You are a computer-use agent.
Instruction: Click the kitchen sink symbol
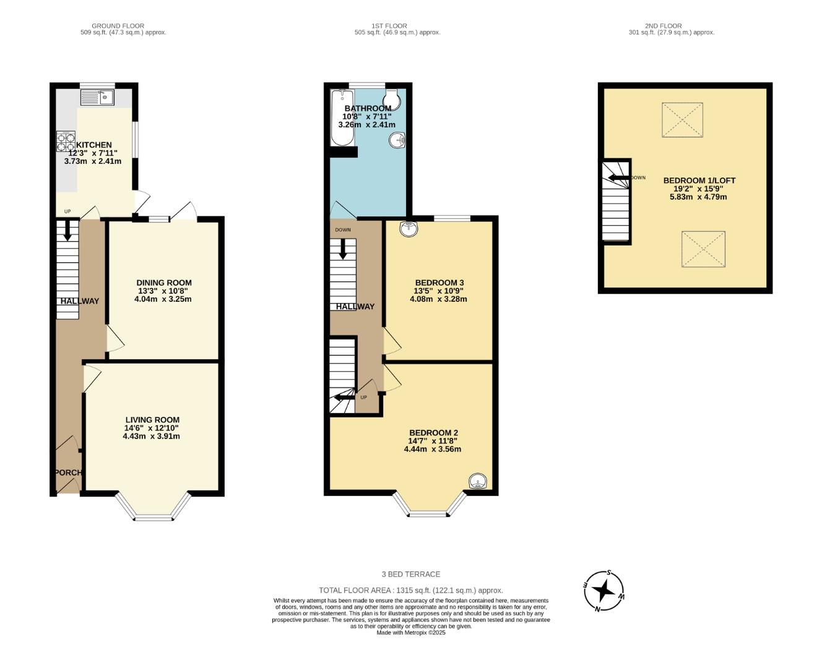click(x=97, y=97)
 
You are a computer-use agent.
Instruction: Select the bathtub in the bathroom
click(x=342, y=118)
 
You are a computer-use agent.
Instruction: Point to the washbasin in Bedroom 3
click(x=409, y=229)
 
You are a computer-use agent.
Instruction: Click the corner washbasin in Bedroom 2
click(x=477, y=481)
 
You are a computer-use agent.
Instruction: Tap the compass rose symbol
click(x=604, y=591)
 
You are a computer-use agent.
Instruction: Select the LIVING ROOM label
click(x=152, y=419)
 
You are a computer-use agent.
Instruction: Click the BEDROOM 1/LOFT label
click(x=699, y=181)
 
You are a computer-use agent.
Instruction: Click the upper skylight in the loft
click(x=683, y=120)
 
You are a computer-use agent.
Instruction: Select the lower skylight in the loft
click(x=703, y=249)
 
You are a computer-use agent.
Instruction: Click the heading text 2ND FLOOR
click(x=663, y=26)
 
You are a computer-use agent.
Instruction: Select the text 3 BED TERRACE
click(x=411, y=574)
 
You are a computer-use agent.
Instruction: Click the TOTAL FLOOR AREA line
click(x=411, y=590)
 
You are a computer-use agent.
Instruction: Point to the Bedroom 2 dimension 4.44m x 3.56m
click(x=433, y=449)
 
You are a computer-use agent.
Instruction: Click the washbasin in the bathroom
click(x=398, y=141)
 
